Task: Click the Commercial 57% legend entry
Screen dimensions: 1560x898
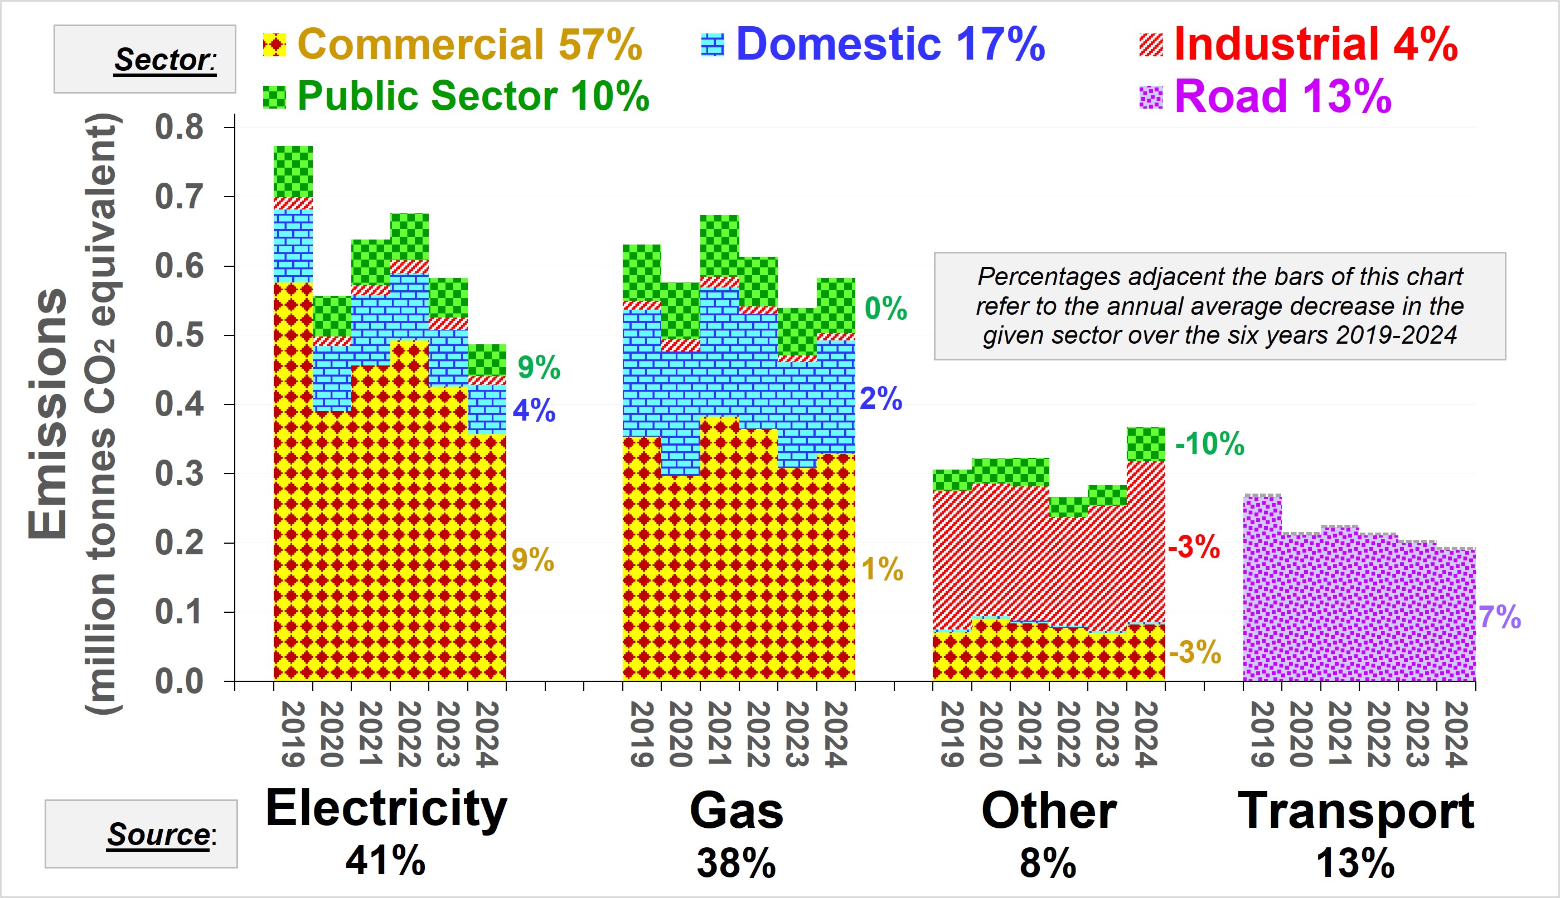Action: point(452,45)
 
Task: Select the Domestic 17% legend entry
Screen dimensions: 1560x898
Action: point(873,45)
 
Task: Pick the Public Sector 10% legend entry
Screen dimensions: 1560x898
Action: point(456,96)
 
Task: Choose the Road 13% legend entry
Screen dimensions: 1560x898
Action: point(1266,96)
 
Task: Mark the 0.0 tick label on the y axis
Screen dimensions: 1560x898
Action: point(179,681)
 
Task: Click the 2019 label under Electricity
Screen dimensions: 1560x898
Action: point(293,734)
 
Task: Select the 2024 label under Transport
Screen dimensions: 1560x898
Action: point(1456,734)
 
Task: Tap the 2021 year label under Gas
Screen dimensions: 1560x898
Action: point(720,734)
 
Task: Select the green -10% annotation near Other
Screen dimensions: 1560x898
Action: point(1209,443)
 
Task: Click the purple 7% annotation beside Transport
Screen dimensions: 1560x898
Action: point(1500,617)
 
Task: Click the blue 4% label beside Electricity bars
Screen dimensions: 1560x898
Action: point(534,410)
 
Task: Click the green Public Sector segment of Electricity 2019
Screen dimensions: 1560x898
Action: point(293,172)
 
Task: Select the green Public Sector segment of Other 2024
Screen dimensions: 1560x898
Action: point(1146,444)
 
